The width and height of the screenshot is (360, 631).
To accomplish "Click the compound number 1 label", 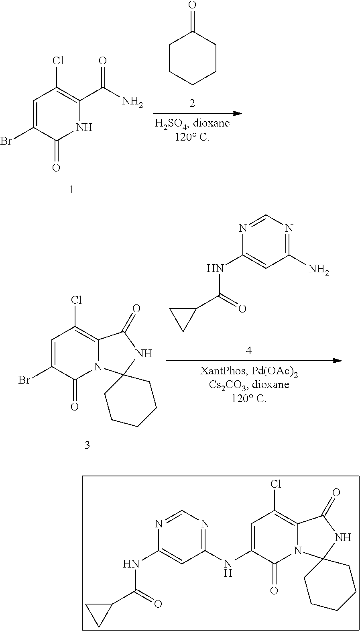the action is pyautogui.click(x=71, y=190).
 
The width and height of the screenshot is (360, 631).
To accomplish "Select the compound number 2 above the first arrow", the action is pyautogui.click(x=192, y=104).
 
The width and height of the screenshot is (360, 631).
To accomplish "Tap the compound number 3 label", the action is pyautogui.click(x=87, y=445).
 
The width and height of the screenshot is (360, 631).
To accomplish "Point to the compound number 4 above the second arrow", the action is pyautogui.click(x=248, y=351).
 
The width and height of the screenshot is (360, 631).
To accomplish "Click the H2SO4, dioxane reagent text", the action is pyautogui.click(x=192, y=123).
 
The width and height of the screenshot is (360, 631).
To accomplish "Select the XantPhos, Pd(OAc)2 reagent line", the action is pyautogui.click(x=249, y=372).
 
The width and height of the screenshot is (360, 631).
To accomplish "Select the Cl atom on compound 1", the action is pyautogui.click(x=58, y=61).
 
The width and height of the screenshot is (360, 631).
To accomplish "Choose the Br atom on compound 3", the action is pyautogui.click(x=24, y=380).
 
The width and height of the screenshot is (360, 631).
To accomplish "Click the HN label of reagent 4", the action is pyautogui.click(x=215, y=268).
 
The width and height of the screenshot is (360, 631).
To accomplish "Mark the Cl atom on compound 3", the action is pyautogui.click(x=76, y=300).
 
